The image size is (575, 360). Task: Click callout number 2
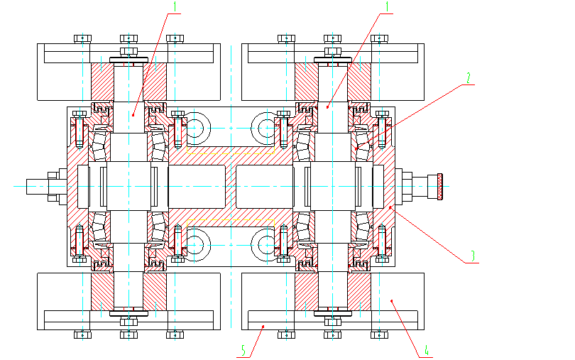tap(468, 77)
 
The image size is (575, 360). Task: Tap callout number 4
tap(427, 350)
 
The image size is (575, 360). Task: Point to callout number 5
tap(243, 350)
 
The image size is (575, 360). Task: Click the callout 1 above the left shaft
tap(175, 6)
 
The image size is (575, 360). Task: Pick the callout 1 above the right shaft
tap(387, 6)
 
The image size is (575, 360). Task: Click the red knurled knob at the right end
tap(440, 186)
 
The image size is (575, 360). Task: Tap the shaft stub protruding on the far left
tap(35, 186)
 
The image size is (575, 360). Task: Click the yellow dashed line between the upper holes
tap(231, 151)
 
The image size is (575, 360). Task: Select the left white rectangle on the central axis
tap(197, 186)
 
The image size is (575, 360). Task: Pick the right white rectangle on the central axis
tap(264, 186)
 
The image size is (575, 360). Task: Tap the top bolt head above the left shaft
tap(128, 38)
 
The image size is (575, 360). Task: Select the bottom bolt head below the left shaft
tap(128, 334)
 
